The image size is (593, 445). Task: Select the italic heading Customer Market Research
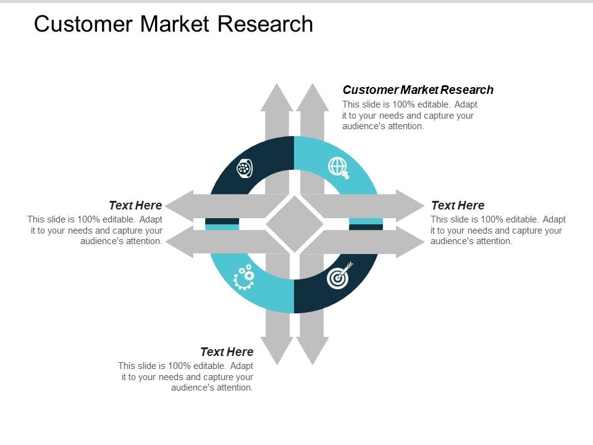[418, 90]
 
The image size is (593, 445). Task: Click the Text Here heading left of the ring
[135, 205]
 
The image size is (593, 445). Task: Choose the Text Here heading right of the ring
[457, 205]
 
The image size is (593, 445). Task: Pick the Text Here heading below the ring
[227, 352]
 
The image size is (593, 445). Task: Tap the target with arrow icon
[339, 277]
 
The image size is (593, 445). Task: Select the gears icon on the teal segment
[244, 277]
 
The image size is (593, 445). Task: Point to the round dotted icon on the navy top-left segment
[245, 168]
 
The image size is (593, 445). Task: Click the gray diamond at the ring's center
[295, 224]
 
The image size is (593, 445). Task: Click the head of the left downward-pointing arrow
[277, 350]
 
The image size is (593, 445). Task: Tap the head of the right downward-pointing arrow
[313, 350]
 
